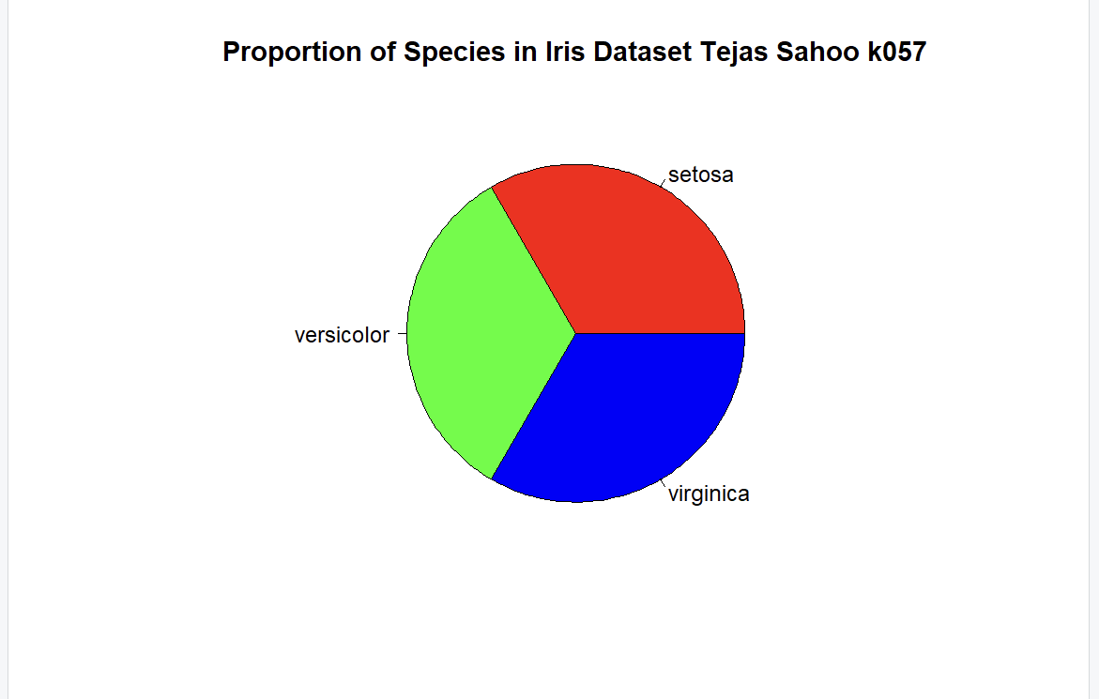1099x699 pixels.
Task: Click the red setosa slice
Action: (x=631, y=259)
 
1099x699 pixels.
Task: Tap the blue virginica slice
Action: (x=631, y=410)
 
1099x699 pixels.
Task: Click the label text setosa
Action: (x=700, y=175)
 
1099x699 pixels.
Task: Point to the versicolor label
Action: (x=342, y=335)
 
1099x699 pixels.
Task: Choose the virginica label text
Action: (x=709, y=494)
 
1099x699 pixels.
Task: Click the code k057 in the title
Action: (x=897, y=52)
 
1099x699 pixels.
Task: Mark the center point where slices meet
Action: (x=576, y=333)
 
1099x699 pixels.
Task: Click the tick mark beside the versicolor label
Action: (x=403, y=333)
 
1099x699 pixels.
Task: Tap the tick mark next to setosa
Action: (x=663, y=184)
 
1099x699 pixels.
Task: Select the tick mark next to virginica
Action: (x=663, y=483)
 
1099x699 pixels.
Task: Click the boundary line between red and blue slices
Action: (x=660, y=333)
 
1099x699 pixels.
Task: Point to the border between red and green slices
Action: (x=534, y=260)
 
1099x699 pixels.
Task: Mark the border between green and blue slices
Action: (x=534, y=407)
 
